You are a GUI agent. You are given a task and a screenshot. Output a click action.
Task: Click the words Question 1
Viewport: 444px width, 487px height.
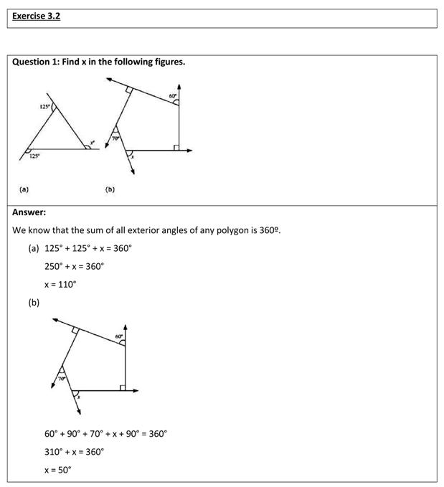click(35, 62)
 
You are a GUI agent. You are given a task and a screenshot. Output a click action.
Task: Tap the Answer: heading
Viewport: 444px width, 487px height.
click(29, 212)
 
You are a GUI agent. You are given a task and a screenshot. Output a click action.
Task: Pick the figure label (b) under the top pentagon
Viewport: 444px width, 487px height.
click(110, 189)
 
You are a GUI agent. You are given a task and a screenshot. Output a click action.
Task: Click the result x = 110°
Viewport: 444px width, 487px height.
click(60, 284)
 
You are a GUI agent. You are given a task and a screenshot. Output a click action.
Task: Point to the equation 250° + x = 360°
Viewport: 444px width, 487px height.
click(75, 266)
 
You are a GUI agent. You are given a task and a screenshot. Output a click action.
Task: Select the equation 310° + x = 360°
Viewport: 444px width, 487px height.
click(75, 452)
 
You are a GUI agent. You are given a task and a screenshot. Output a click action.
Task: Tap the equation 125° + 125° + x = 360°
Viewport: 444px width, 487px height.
click(88, 248)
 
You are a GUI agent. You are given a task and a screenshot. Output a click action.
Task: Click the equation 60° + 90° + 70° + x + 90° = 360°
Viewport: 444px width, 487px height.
click(105, 434)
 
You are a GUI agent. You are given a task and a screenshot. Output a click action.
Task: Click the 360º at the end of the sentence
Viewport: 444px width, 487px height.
click(270, 231)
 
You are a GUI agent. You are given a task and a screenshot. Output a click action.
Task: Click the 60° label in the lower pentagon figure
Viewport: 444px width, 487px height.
click(120, 336)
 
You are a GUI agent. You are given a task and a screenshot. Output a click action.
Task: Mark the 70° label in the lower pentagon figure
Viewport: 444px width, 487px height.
click(62, 378)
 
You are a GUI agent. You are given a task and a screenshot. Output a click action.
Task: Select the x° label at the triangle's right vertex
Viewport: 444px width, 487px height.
click(91, 142)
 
